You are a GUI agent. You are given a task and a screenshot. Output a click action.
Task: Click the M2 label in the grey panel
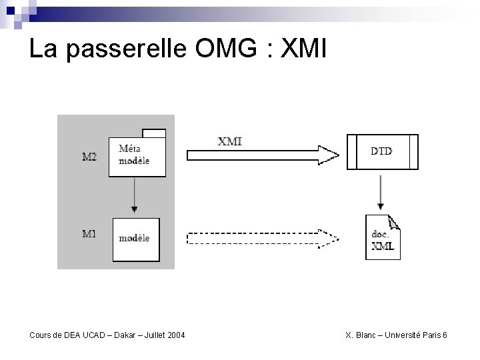89,157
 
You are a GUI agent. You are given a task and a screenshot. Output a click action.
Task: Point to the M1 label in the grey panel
89,234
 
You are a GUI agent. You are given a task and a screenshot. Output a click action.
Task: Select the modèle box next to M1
135,239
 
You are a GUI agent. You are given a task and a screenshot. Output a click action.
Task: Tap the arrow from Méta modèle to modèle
135,197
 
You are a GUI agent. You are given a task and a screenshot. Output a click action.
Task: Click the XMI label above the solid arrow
230,141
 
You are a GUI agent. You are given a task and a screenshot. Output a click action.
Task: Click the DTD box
382,152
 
